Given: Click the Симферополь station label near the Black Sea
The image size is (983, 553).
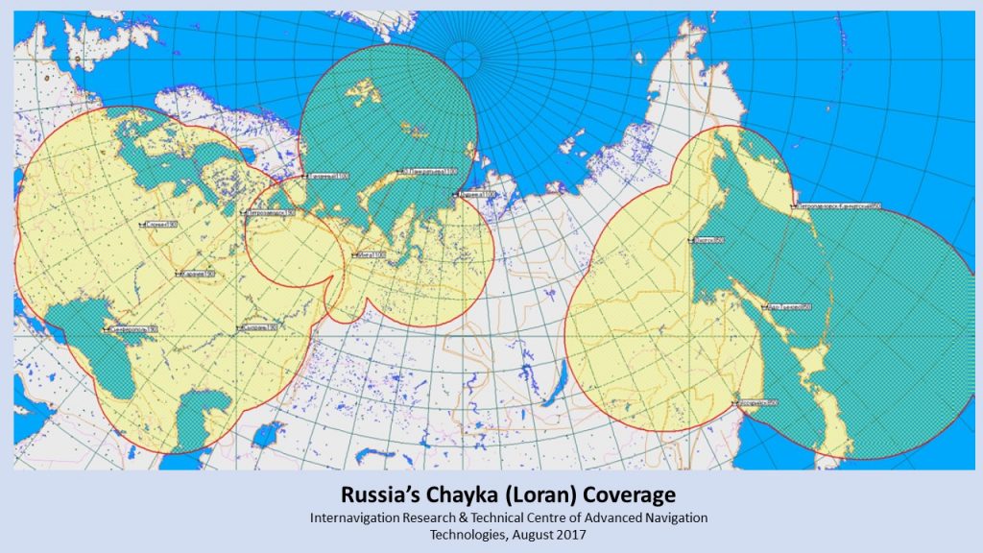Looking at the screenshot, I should click(133, 329).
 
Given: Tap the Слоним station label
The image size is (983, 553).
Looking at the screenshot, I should click(161, 224).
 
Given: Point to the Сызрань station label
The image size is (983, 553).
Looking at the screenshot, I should click(259, 328).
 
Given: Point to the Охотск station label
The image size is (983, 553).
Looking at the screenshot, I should click(707, 240).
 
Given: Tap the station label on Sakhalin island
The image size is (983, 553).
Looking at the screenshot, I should click(788, 307).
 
